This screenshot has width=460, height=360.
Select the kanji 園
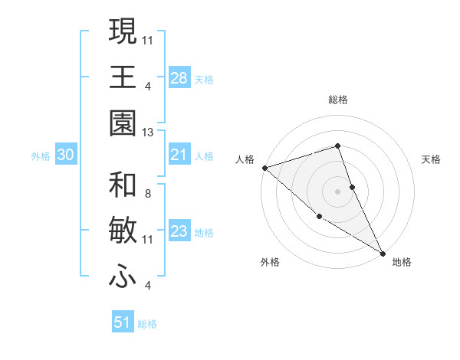[x=123, y=123]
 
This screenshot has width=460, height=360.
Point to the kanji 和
[x=123, y=185]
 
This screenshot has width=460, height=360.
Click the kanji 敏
[x=123, y=232]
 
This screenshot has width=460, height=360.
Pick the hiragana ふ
[x=123, y=277]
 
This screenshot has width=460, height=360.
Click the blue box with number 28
[x=179, y=78]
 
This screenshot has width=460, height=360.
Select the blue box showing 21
[x=179, y=155]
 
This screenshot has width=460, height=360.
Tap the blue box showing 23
[x=179, y=232]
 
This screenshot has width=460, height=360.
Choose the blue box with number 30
[x=66, y=155]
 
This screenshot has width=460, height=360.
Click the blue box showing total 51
[x=123, y=322]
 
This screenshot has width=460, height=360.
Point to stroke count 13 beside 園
[x=148, y=133]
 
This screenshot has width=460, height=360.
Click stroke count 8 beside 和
[x=148, y=195]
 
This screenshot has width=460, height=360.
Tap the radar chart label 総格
[x=338, y=100]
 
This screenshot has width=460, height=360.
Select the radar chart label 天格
[x=432, y=159]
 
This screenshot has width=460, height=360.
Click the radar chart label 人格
[x=245, y=159]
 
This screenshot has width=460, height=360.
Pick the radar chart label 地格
[x=402, y=262]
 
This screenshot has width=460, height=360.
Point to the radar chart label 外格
[x=270, y=262]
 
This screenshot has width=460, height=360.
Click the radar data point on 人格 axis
[x=264, y=168]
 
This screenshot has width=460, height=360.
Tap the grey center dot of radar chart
[x=338, y=191]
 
